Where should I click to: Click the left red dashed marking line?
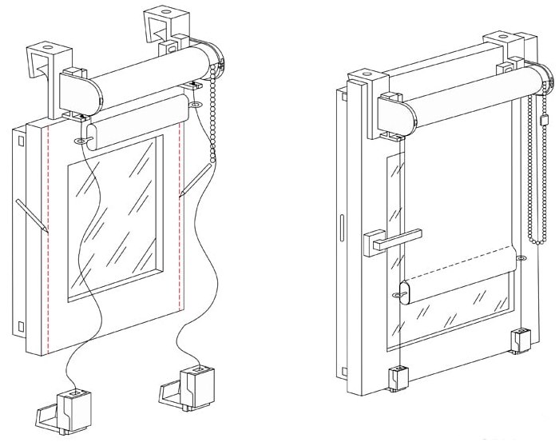(x=49, y=240)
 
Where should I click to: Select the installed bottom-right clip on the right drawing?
(x=521, y=340)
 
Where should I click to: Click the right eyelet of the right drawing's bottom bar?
(x=521, y=259)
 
